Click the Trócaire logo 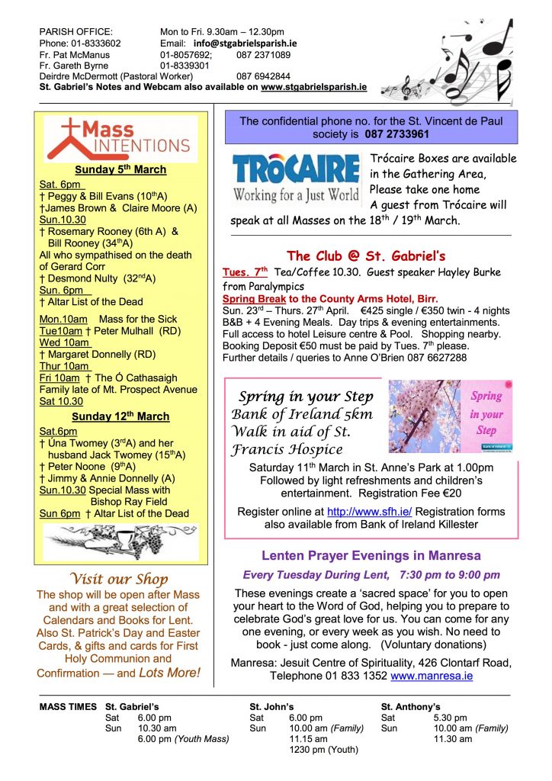pyautogui.click(x=296, y=179)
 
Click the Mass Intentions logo pyautogui.click(x=120, y=137)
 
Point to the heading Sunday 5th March pyautogui.click(x=120, y=169)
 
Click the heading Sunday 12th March pyautogui.click(x=120, y=416)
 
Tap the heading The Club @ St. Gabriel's pyautogui.click(x=366, y=256)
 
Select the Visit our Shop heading pyautogui.click(x=119, y=579)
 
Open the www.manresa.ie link pyautogui.click(x=432, y=676)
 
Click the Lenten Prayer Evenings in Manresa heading pyautogui.click(x=371, y=556)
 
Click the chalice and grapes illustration pyautogui.click(x=120, y=542)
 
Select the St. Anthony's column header pyautogui.click(x=410, y=707)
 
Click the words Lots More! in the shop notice pyautogui.click(x=170, y=673)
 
